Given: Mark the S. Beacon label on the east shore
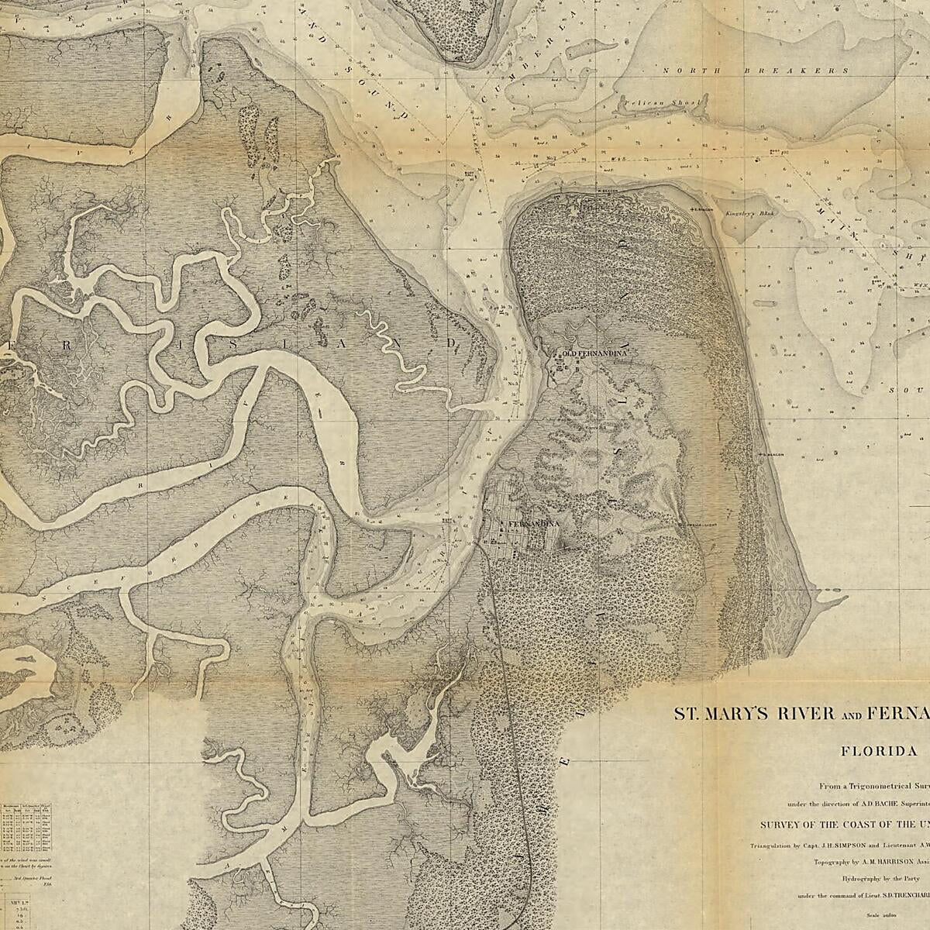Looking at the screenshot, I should (x=775, y=454).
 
